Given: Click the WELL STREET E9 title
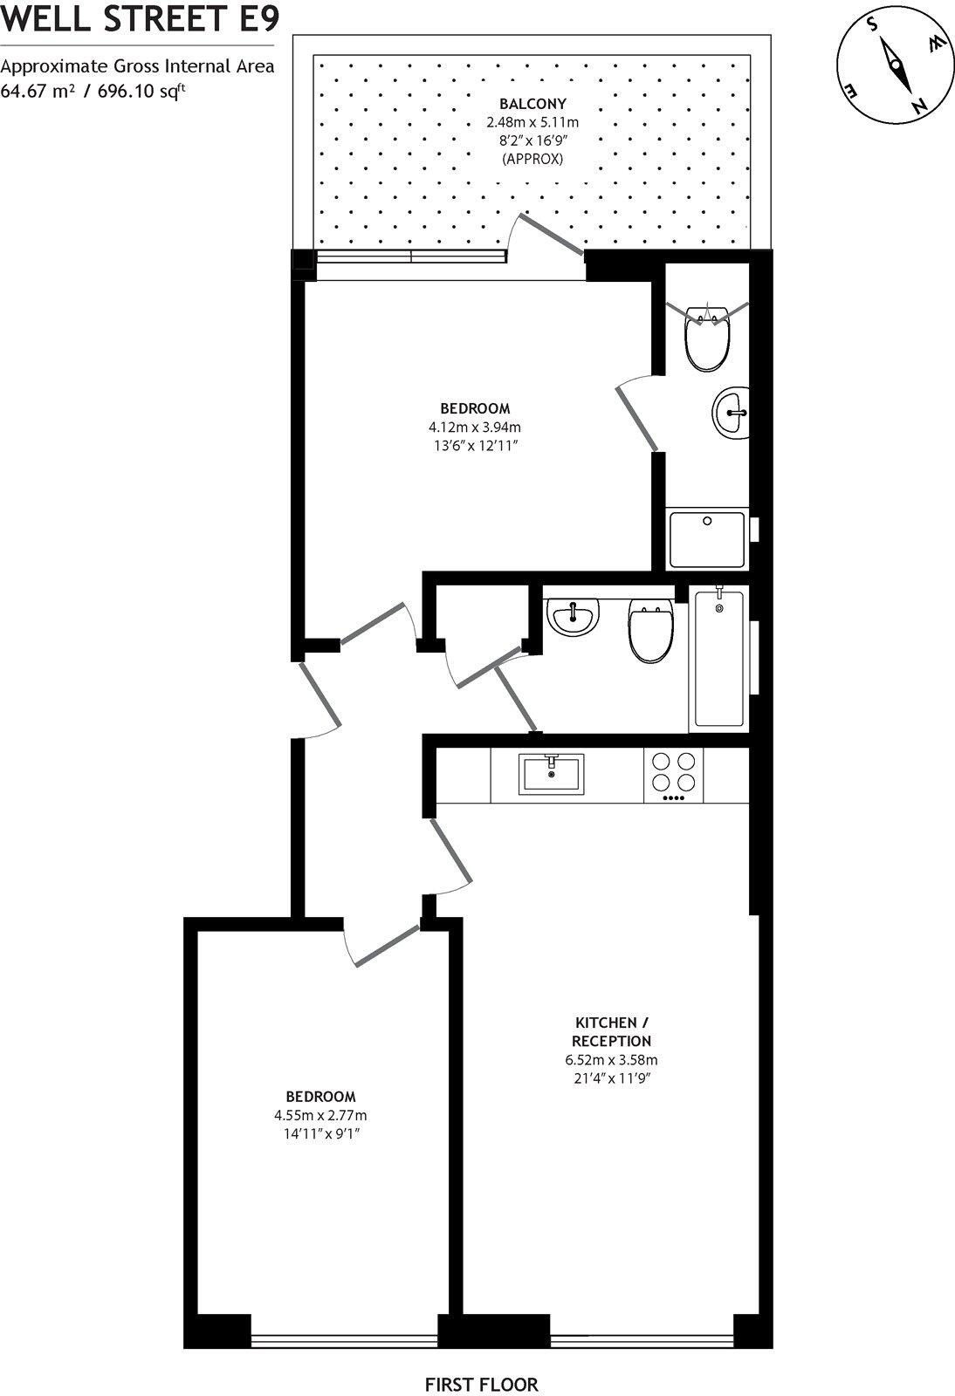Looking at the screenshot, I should (140, 18).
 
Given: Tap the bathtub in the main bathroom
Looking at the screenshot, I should (719, 659).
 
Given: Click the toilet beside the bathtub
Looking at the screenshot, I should (650, 633).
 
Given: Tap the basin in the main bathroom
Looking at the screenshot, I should (573, 618).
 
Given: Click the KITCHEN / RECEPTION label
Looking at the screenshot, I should (611, 1031).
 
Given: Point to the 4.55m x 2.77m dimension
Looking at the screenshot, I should (320, 1115).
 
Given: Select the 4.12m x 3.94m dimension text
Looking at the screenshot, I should (474, 427).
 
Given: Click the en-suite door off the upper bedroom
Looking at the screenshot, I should (637, 418).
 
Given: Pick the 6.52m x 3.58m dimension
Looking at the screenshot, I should (611, 1060).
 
